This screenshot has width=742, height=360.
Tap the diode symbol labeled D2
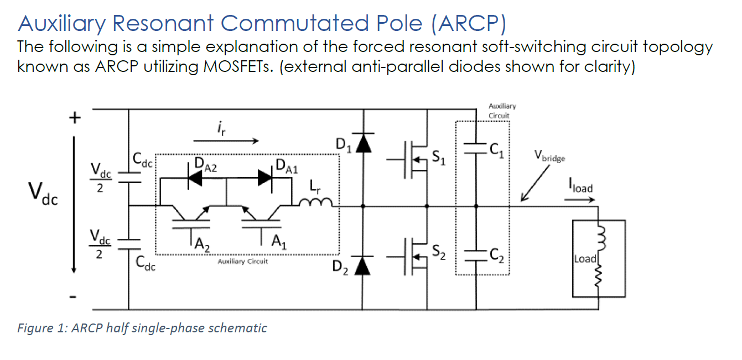pyautogui.click(x=363, y=265)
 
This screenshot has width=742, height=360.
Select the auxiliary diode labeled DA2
pyautogui.click(x=194, y=178)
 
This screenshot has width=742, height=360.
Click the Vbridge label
pyautogui.click(x=549, y=157)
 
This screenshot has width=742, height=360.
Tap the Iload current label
pyautogui.click(x=579, y=187)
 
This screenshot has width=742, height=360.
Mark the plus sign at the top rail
pyautogui.click(x=74, y=118)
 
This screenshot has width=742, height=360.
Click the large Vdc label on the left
pyautogui.click(x=42, y=194)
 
